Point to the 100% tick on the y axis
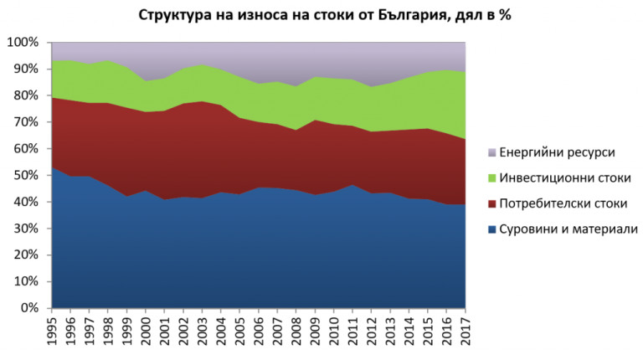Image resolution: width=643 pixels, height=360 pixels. tap(23, 42)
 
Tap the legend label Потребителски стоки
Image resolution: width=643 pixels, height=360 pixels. tap(562, 203)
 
